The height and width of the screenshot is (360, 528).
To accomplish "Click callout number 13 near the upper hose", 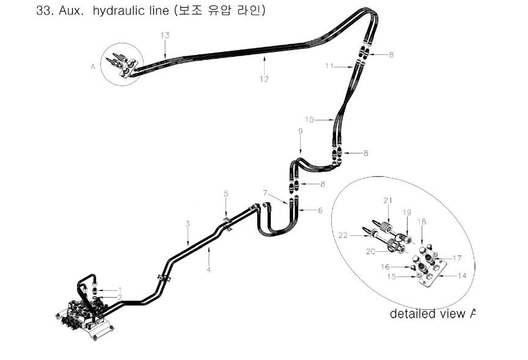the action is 165,35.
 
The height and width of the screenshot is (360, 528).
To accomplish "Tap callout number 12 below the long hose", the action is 265,79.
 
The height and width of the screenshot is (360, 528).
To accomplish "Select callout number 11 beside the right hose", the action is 329,66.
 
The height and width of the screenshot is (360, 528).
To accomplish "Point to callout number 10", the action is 309,120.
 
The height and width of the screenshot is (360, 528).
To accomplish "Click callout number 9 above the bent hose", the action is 301,131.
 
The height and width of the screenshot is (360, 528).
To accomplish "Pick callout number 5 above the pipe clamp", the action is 226,194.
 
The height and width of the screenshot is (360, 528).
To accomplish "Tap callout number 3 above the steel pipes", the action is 188,224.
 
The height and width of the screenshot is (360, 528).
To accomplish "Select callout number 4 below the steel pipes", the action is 209,270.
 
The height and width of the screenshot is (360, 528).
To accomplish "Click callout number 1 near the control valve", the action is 120,290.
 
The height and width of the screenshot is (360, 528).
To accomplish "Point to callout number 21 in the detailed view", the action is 388,200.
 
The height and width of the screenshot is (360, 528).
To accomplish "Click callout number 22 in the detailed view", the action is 343,235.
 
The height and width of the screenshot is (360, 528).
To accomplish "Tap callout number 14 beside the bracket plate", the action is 463,276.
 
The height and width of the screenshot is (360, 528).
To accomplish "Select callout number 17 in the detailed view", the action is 457,259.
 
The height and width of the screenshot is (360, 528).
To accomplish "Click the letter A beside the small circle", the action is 93,67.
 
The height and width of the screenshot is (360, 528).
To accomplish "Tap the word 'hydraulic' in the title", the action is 131,11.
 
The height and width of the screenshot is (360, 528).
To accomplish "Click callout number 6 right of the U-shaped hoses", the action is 320,210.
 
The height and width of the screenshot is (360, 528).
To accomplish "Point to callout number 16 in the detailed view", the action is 385,266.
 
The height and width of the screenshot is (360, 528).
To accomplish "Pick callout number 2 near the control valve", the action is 120,297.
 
